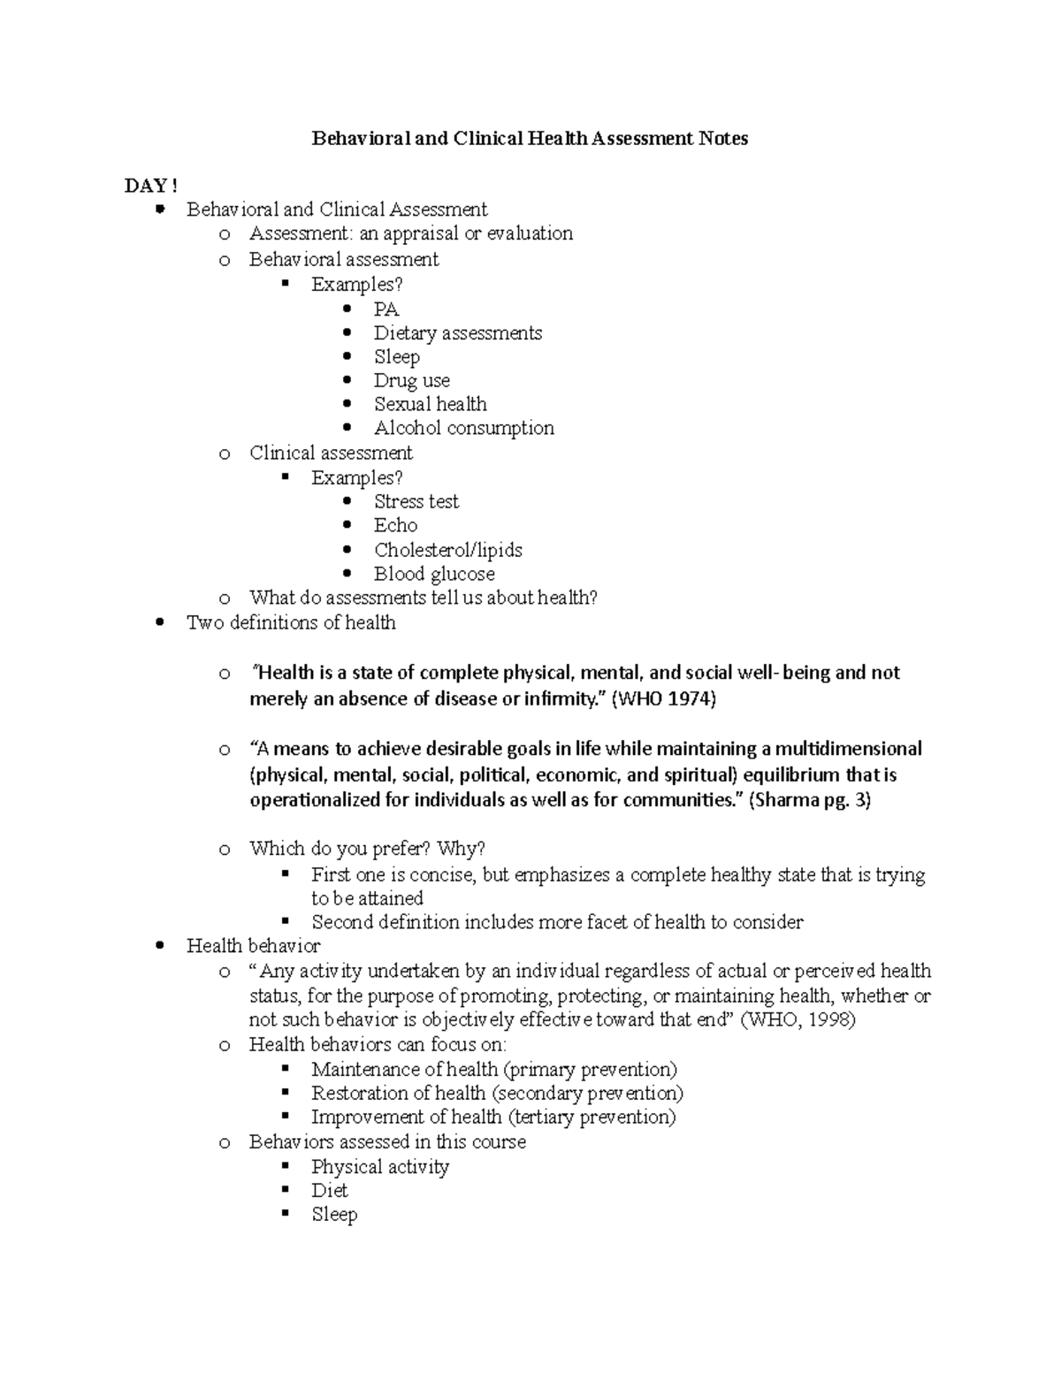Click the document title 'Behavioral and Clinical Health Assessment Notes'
pyautogui.click(x=529, y=139)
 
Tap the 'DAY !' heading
pyautogui.click(x=151, y=186)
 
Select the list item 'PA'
pyautogui.click(x=386, y=309)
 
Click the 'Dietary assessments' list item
pyautogui.click(x=457, y=333)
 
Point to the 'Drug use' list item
pyautogui.click(x=411, y=381)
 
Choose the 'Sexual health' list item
pyautogui.click(x=430, y=405)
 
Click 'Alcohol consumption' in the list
pyautogui.click(x=463, y=429)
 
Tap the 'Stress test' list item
pyautogui.click(x=416, y=502)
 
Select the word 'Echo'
pyautogui.click(x=395, y=526)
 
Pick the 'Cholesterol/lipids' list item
pyautogui.click(x=447, y=550)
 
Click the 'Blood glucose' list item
pyautogui.click(x=433, y=574)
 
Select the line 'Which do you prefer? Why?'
pyautogui.click(x=367, y=850)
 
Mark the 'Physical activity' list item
pyautogui.click(x=379, y=1167)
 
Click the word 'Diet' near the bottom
pyautogui.click(x=329, y=1191)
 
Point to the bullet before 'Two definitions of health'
pyautogui.click(x=159, y=623)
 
